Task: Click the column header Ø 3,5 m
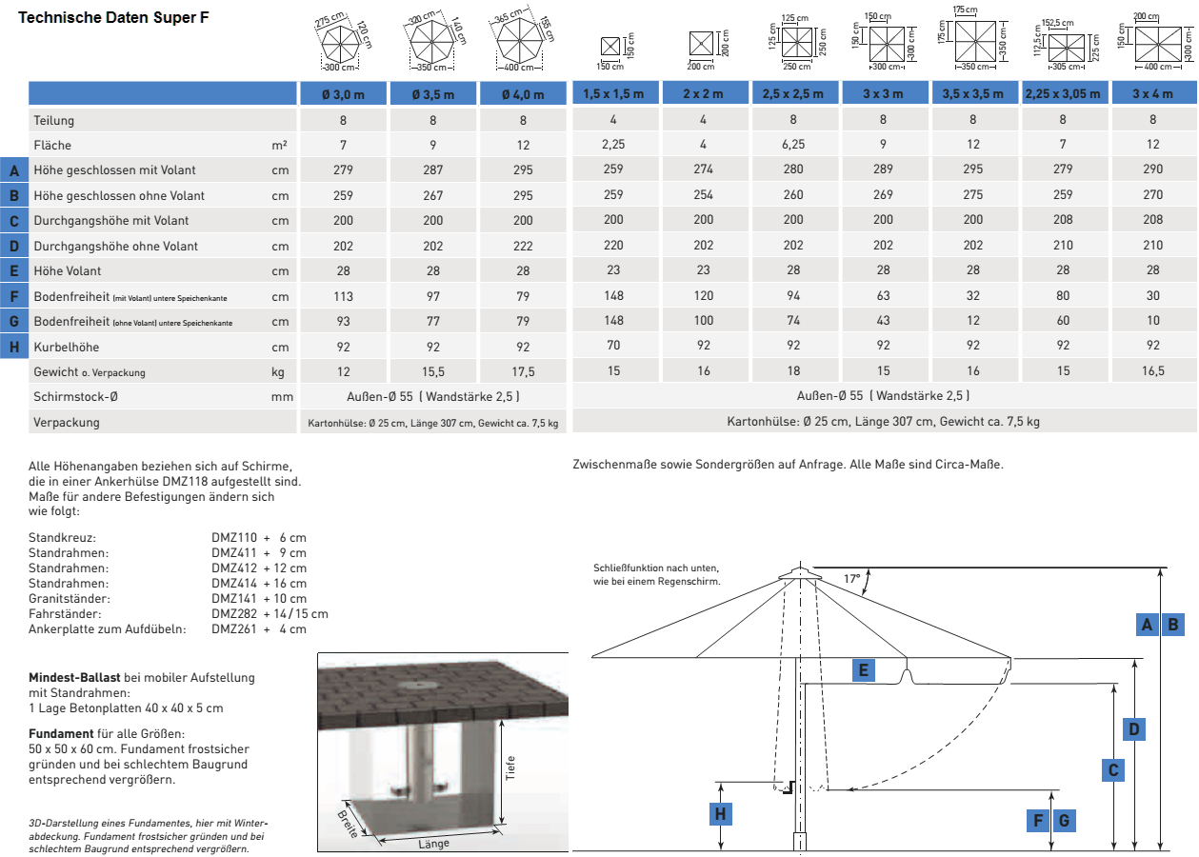point(433,94)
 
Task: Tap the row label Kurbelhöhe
point(67,347)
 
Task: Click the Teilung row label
point(53,120)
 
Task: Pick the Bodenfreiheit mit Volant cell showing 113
point(343,296)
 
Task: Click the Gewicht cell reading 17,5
point(523,371)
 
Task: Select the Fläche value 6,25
point(793,145)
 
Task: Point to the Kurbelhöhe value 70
point(613,347)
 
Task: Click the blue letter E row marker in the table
point(13,270)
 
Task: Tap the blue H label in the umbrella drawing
point(721,813)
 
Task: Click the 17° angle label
point(852,578)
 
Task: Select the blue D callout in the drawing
point(1133,729)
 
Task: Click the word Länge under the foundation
point(432,844)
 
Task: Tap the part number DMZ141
point(231,598)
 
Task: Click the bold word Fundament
point(61,734)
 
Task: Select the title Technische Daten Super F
point(115,18)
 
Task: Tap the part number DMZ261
point(231,628)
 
